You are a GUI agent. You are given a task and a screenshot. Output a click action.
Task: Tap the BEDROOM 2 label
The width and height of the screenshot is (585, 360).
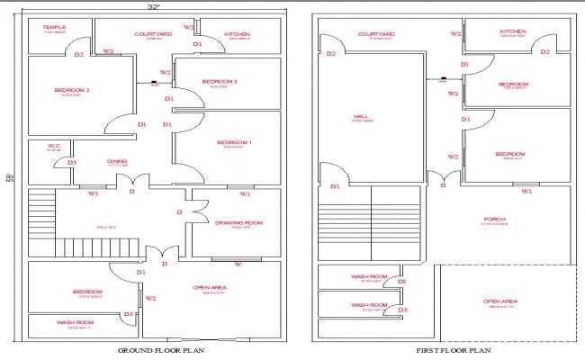click(71, 90)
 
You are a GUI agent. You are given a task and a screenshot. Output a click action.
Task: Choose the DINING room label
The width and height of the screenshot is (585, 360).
click(117, 162)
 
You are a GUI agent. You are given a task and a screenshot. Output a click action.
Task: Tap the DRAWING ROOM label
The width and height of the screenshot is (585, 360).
click(238, 222)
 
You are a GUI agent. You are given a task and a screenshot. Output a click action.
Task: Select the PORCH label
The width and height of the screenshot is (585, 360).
click(493, 219)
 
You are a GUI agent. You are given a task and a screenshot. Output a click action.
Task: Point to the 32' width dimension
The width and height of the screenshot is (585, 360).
click(154, 7)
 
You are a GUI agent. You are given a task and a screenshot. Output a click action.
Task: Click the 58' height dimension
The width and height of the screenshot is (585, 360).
click(9, 177)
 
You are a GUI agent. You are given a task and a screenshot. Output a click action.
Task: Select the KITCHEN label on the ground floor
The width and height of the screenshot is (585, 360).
click(238, 34)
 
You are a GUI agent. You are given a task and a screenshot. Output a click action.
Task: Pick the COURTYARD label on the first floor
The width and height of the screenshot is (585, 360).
click(375, 34)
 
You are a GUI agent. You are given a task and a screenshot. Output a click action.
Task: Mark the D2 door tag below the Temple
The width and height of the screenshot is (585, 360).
click(78, 55)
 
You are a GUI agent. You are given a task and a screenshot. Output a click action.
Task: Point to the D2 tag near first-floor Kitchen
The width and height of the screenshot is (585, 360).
click(544, 52)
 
